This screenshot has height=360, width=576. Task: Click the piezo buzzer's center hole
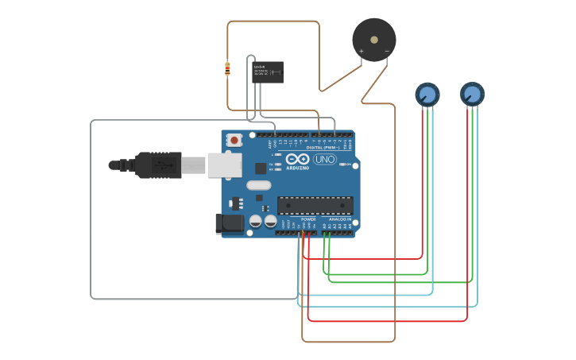(x=374, y=40)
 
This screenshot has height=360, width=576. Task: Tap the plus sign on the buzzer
(x=361, y=52)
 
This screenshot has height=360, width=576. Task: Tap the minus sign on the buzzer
(x=387, y=52)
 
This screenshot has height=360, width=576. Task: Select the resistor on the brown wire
(x=228, y=69)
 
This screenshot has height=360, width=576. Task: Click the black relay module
(x=268, y=72)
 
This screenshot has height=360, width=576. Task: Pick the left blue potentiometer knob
(x=427, y=95)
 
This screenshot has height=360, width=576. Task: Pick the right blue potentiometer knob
(x=472, y=95)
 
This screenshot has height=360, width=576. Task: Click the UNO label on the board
(x=324, y=159)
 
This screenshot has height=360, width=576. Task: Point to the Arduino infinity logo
(x=297, y=159)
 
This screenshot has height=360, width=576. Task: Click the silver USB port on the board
(x=224, y=165)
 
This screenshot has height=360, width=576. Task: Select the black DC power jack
(x=230, y=223)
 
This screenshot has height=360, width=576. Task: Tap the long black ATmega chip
(x=315, y=205)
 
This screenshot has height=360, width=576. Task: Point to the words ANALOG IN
(x=339, y=219)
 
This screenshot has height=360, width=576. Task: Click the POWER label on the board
(x=308, y=219)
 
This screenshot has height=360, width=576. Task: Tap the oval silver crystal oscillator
(x=258, y=186)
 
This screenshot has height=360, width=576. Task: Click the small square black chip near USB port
(x=261, y=168)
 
